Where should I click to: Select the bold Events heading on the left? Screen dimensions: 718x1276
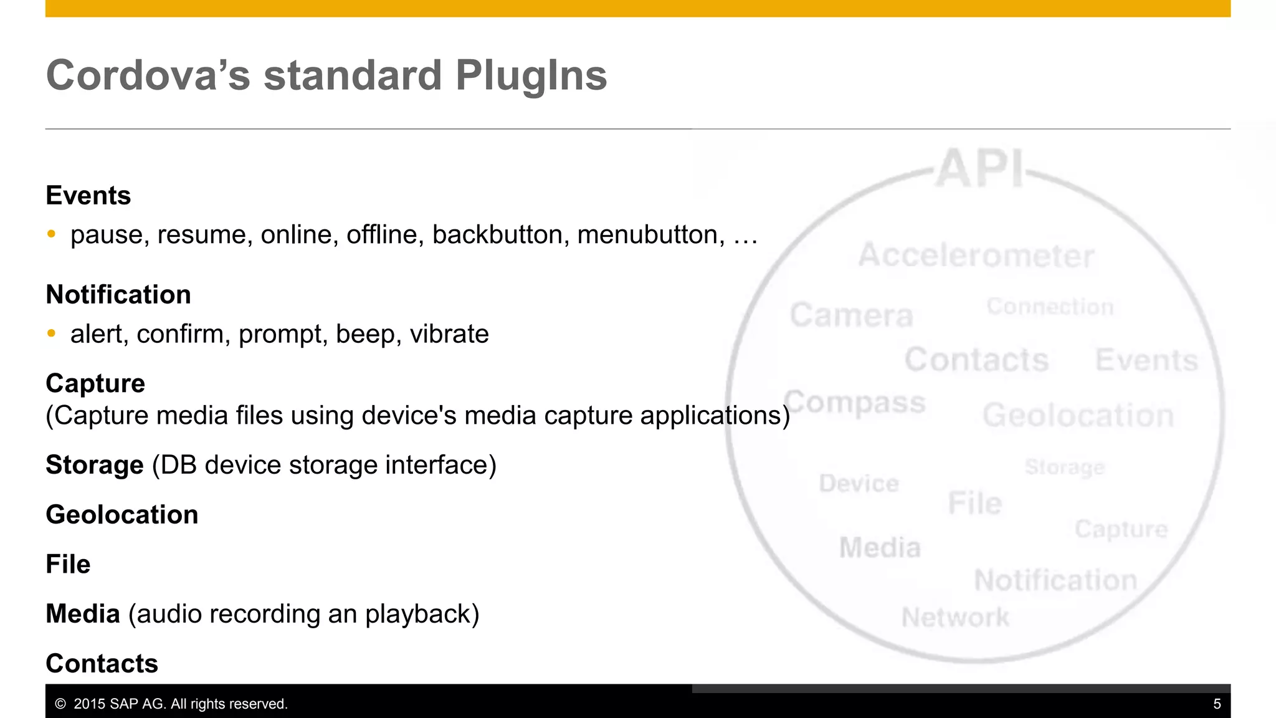click(88, 196)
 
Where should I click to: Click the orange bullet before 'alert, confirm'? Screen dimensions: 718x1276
click(52, 333)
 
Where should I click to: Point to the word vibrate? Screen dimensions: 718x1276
click(449, 334)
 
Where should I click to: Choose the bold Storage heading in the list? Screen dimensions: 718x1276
click(95, 465)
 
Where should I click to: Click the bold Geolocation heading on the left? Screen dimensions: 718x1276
click(122, 515)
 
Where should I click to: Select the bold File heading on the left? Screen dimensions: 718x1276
click(69, 564)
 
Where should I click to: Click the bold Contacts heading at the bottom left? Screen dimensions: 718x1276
click(102, 664)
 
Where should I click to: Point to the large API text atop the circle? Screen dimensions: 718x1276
click(980, 168)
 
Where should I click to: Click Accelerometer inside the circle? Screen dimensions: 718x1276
click(976, 256)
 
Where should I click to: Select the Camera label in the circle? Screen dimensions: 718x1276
click(852, 315)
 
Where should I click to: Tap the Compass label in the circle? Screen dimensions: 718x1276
click(855, 403)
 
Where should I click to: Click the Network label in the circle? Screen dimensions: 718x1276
click(955, 618)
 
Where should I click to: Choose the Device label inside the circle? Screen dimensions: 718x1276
click(859, 484)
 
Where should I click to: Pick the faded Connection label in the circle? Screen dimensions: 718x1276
click(1050, 307)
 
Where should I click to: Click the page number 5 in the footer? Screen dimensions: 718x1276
click(1217, 704)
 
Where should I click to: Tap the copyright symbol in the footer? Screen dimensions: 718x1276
click(60, 704)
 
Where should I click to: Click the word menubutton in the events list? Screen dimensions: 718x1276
click(648, 235)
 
